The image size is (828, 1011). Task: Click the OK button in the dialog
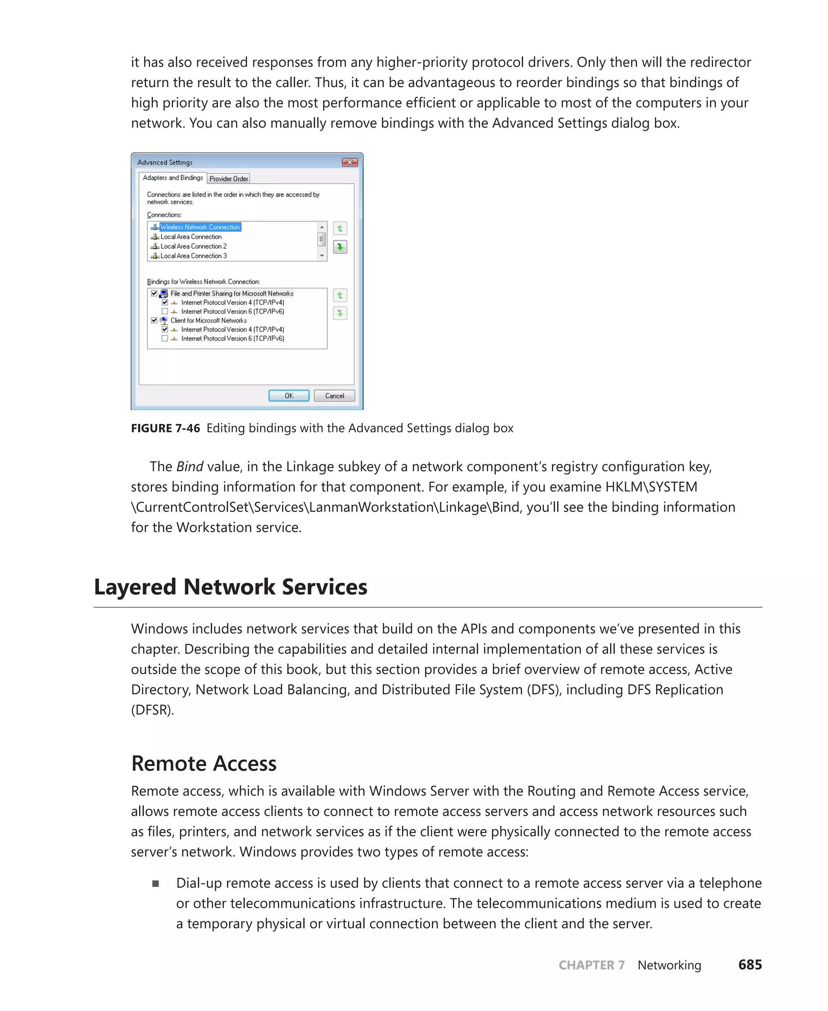point(289,396)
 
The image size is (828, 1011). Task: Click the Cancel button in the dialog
point(334,396)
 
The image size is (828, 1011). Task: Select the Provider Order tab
point(228,178)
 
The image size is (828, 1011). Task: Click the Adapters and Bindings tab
point(173,178)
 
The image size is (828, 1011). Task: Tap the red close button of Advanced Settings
point(350,162)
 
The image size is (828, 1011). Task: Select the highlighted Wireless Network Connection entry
point(200,227)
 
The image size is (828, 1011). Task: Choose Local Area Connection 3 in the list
point(193,256)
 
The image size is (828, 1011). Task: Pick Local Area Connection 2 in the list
point(193,246)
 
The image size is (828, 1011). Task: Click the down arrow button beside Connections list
point(340,247)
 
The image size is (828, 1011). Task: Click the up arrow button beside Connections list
point(340,228)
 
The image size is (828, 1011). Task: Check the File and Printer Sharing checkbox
point(154,294)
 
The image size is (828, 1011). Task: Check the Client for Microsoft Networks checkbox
point(154,320)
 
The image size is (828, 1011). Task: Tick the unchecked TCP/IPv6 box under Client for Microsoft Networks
point(165,338)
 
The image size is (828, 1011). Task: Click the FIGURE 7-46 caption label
point(165,428)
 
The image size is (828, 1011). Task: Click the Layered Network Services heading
point(230,586)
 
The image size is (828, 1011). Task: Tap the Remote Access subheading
point(204,763)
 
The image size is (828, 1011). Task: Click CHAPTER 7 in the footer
point(591,965)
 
